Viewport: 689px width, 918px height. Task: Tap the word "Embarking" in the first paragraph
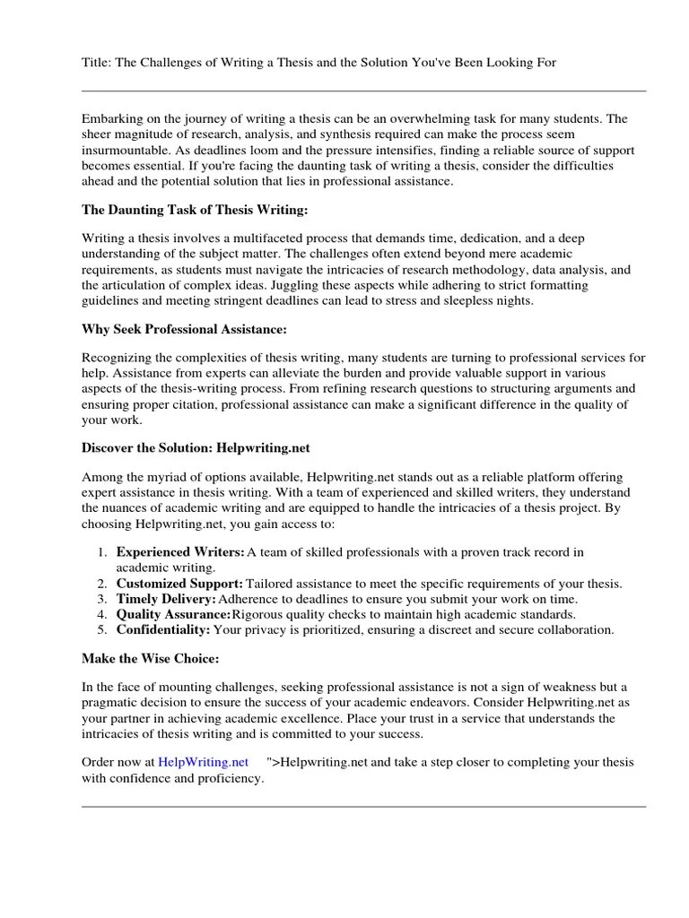(x=111, y=118)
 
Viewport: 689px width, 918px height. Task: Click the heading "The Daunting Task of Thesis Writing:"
(x=195, y=210)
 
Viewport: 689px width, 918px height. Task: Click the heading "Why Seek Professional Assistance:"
(x=185, y=329)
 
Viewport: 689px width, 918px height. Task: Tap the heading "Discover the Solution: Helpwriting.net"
(x=196, y=448)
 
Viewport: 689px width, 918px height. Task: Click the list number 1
(x=102, y=552)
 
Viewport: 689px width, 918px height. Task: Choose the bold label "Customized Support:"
(x=179, y=584)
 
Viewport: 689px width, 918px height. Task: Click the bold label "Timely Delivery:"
(x=166, y=599)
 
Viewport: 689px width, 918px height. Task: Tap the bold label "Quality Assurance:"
(x=173, y=614)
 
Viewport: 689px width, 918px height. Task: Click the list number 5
(x=102, y=629)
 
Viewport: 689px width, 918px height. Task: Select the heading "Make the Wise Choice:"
(x=150, y=659)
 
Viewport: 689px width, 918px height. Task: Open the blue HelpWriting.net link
(x=203, y=762)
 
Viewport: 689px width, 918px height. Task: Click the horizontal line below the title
(x=363, y=91)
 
